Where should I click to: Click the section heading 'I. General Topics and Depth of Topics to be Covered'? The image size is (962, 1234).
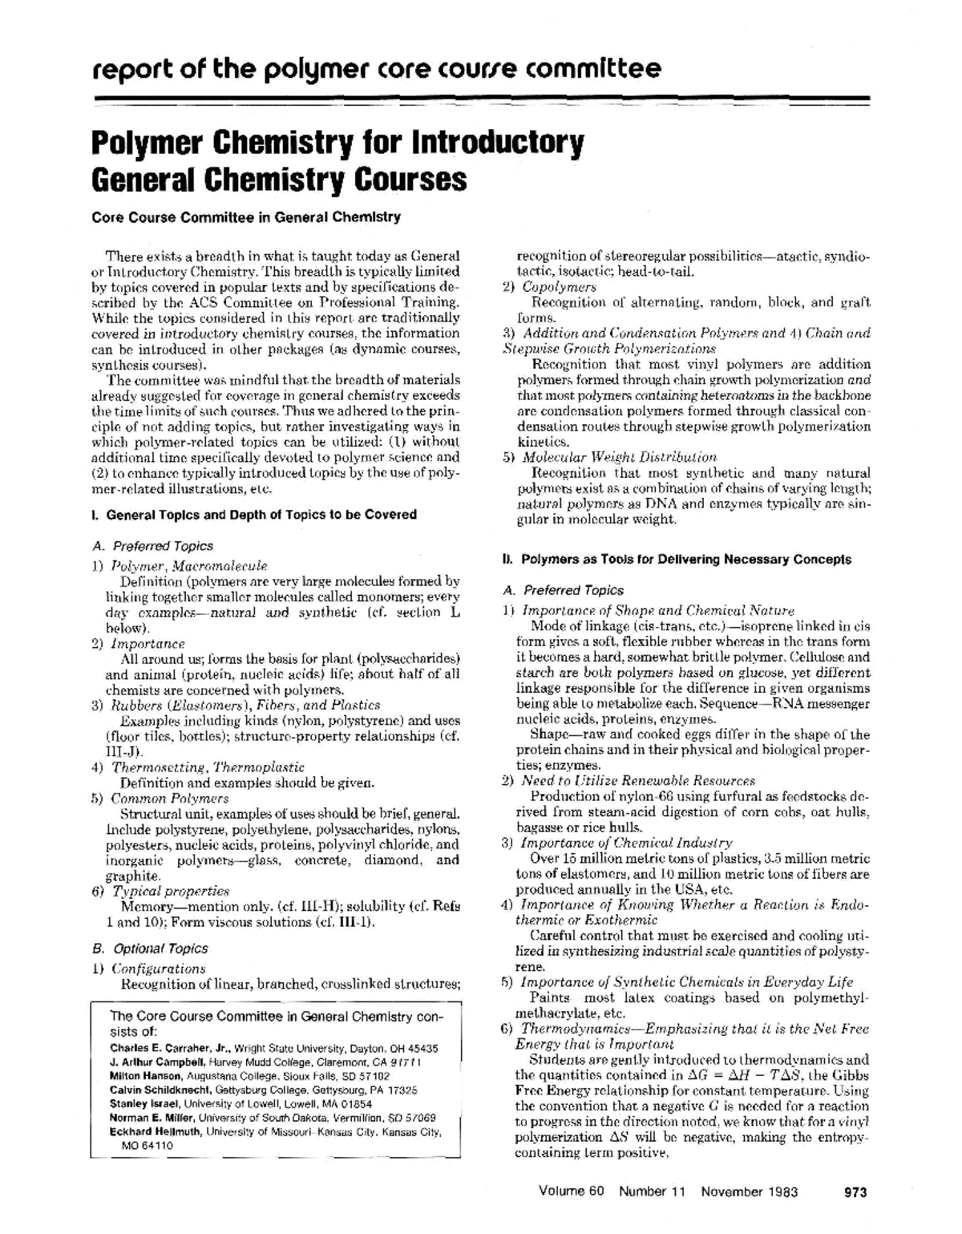click(254, 514)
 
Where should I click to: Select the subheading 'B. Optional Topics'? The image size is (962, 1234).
click(150, 948)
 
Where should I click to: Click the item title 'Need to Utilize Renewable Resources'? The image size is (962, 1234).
click(638, 780)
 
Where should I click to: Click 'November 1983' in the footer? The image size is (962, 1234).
click(749, 1192)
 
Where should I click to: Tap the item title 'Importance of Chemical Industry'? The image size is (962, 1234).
click(626, 843)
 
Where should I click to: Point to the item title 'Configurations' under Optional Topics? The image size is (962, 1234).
click(158, 969)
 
